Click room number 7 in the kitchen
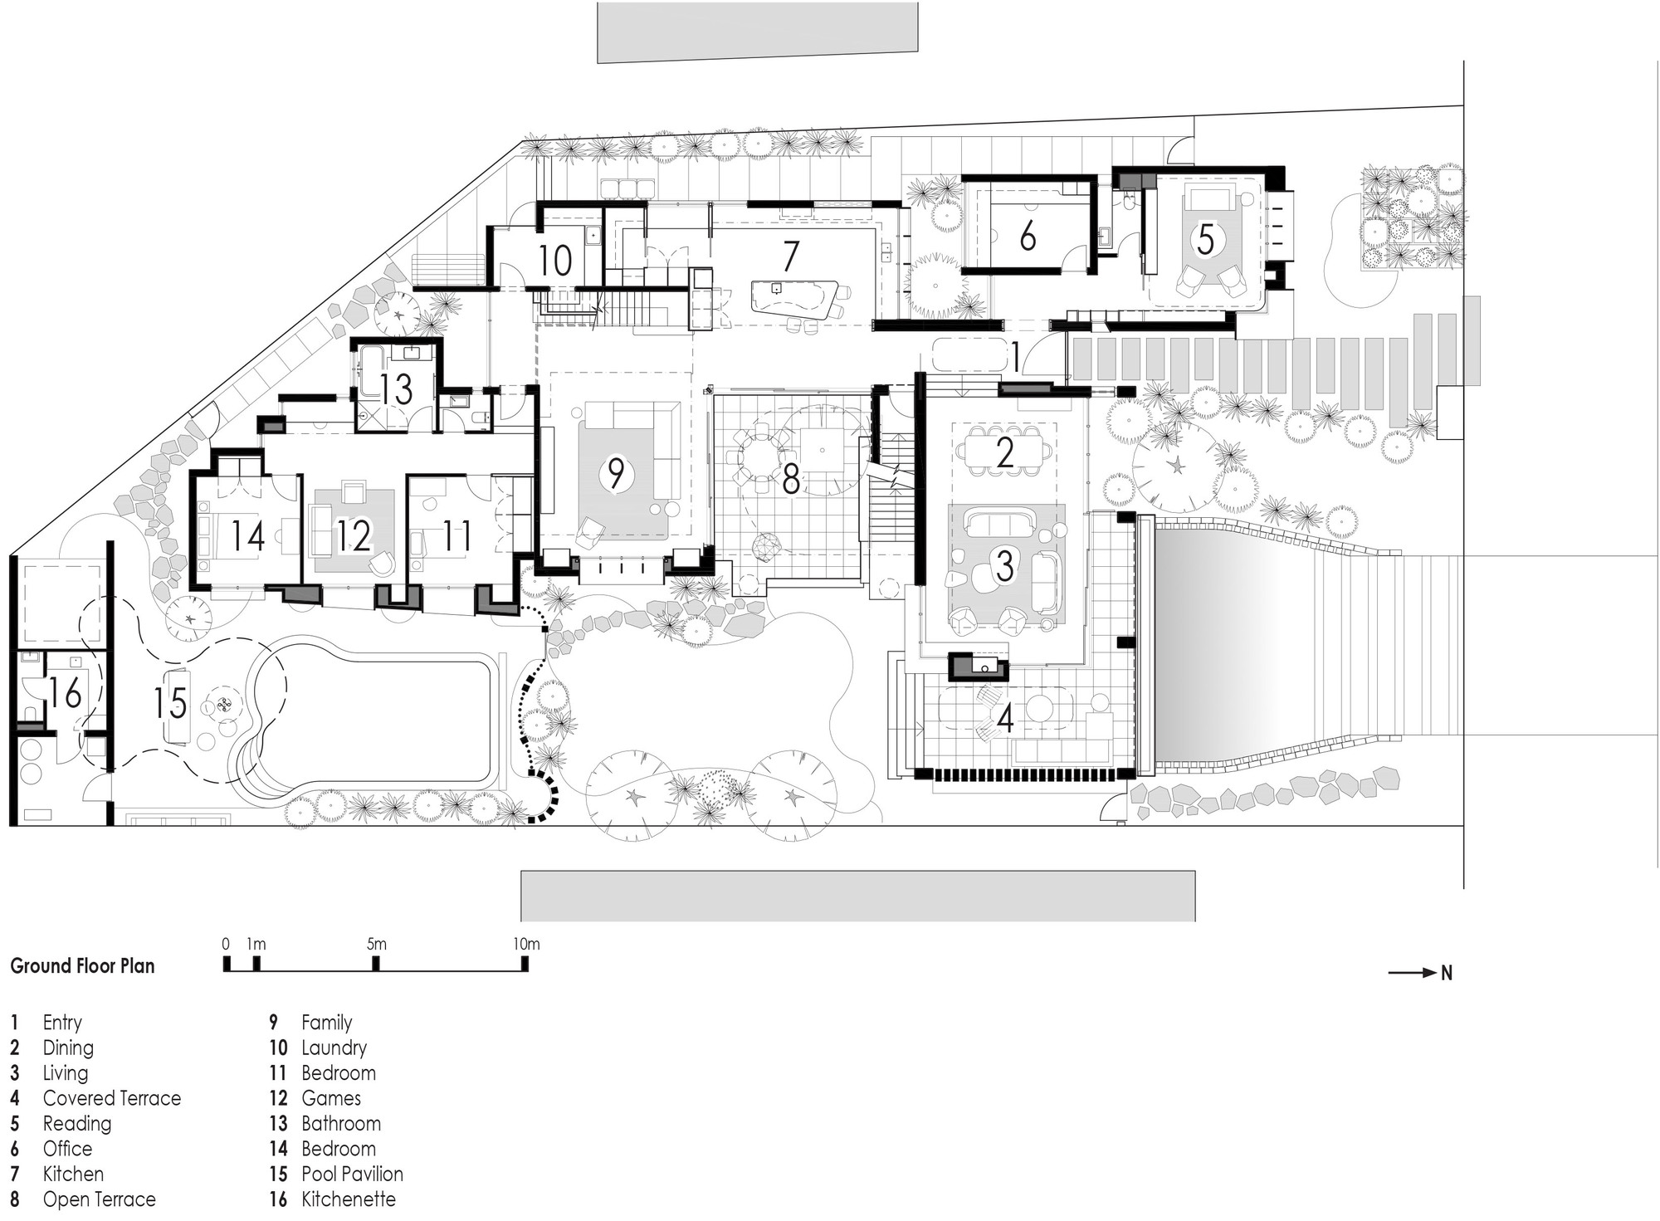click(x=790, y=256)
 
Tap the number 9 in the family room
click(x=616, y=474)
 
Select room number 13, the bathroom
click(x=397, y=389)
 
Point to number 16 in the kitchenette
click(x=65, y=693)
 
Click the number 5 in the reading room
click(x=1205, y=240)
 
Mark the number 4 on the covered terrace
click(x=1005, y=719)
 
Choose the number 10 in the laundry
click(x=554, y=261)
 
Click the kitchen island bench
click(x=793, y=300)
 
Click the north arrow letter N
click(x=1447, y=974)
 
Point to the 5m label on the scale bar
click(x=376, y=944)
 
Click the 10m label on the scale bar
click(x=525, y=944)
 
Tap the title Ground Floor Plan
click(x=82, y=966)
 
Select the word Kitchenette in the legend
click(x=349, y=1199)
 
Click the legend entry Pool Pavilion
click(x=352, y=1174)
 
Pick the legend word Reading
click(x=77, y=1123)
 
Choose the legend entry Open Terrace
click(x=99, y=1199)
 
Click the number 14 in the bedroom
click(x=247, y=535)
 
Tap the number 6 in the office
click(x=1028, y=237)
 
